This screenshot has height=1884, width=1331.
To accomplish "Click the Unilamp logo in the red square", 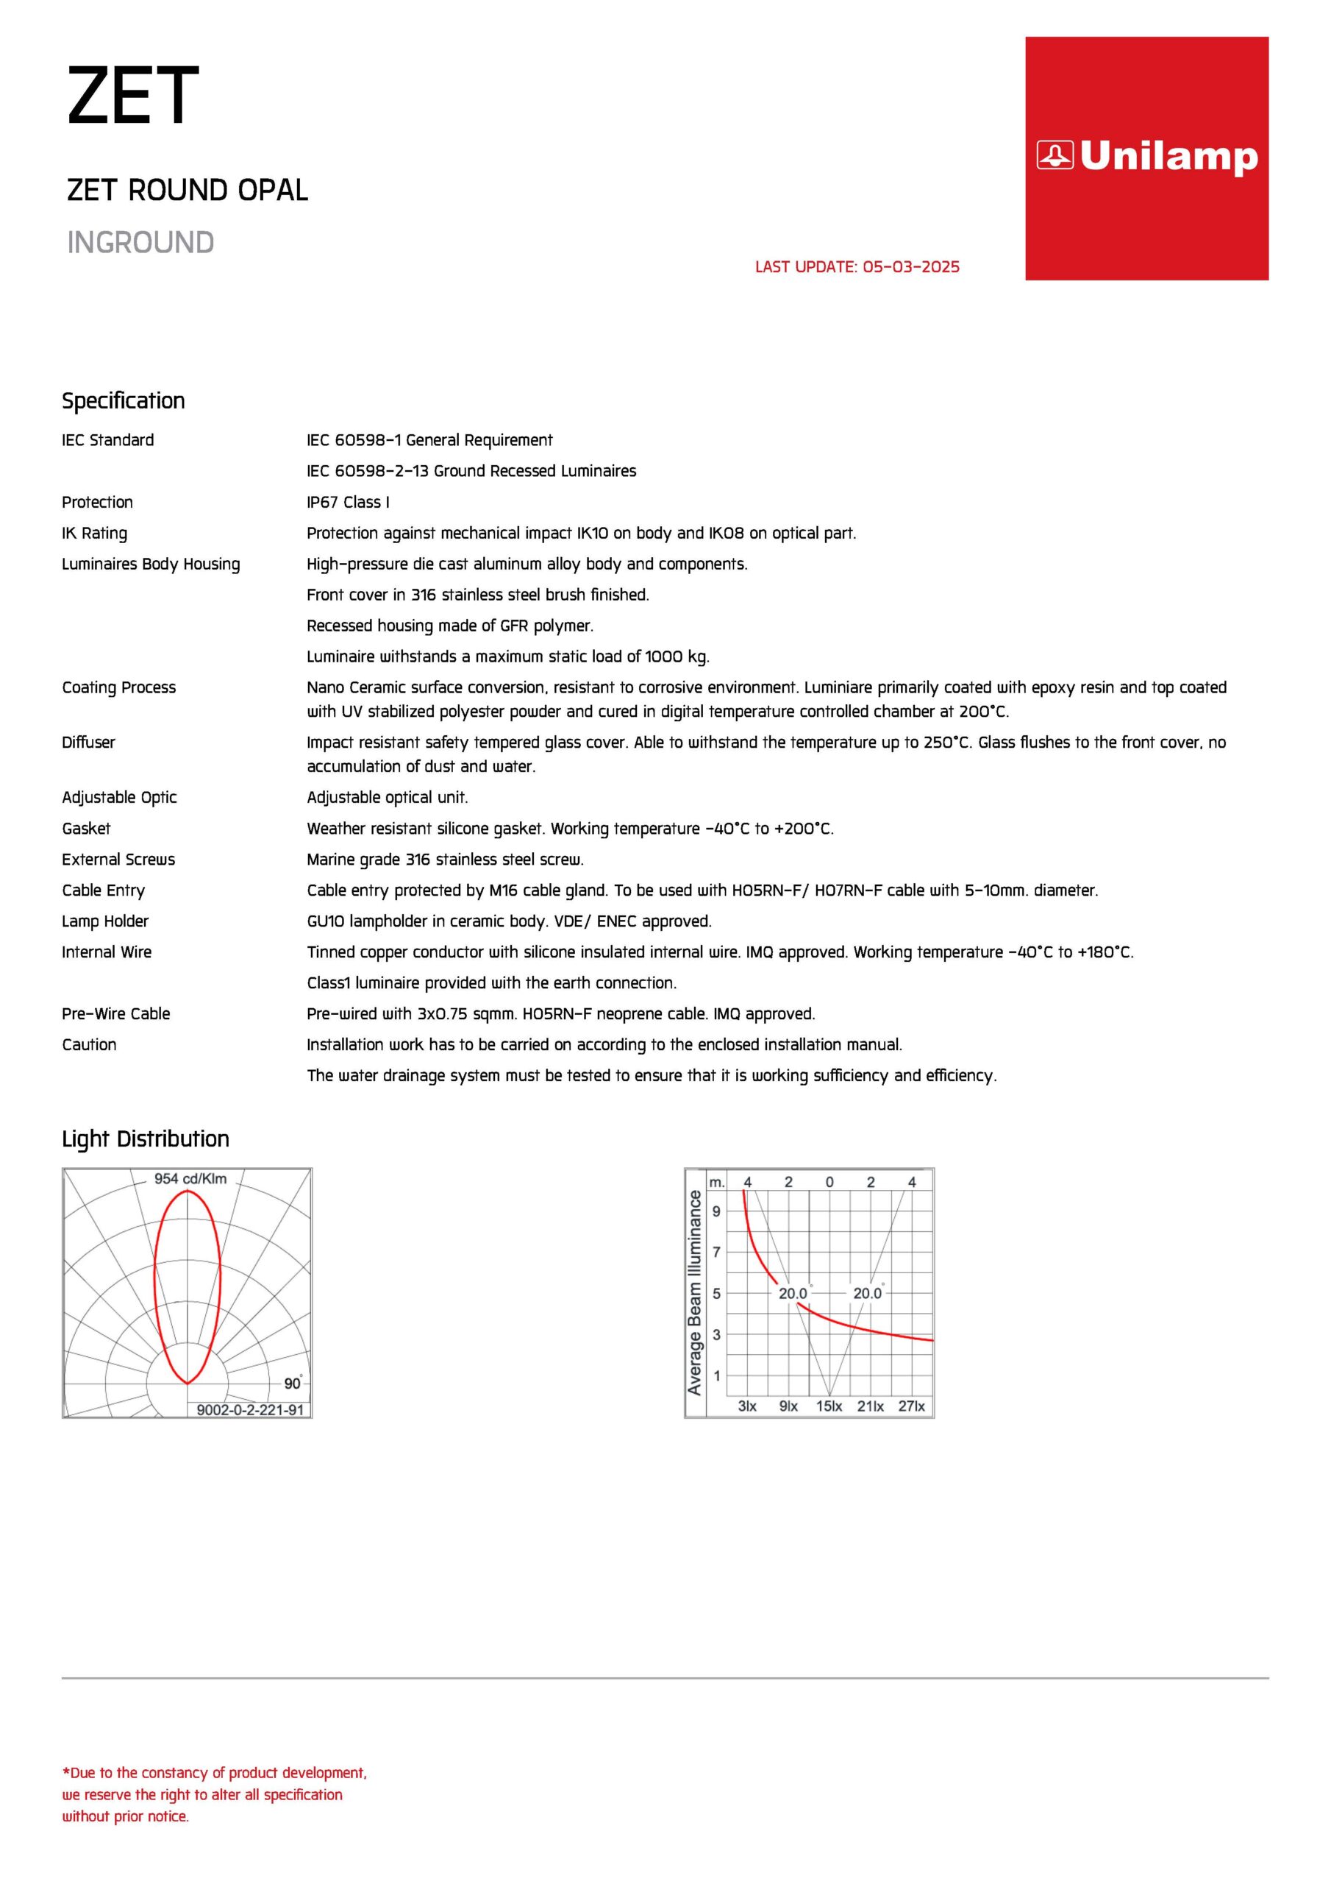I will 1146,156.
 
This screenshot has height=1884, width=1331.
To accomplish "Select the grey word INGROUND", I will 140,243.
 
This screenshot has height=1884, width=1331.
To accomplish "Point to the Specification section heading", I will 123,400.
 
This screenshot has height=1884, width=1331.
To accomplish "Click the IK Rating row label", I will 94,534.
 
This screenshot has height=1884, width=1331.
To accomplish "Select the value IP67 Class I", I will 348,502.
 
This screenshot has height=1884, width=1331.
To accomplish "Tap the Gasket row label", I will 86,829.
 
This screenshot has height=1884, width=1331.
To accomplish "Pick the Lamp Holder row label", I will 105,921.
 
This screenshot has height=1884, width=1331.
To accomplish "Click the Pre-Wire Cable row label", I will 115,1014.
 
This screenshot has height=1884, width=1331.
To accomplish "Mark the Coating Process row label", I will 119,687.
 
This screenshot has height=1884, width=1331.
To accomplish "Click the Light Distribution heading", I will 145,1139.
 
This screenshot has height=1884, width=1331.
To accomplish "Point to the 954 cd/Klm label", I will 190,1179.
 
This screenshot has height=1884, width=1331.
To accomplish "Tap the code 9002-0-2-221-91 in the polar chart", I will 250,1410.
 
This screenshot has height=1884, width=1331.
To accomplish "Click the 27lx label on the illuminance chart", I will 911,1406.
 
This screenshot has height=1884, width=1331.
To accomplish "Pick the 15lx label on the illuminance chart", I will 829,1406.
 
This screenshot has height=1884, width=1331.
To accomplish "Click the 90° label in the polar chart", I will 293,1384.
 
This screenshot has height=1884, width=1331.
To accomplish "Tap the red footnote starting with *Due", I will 214,1794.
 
